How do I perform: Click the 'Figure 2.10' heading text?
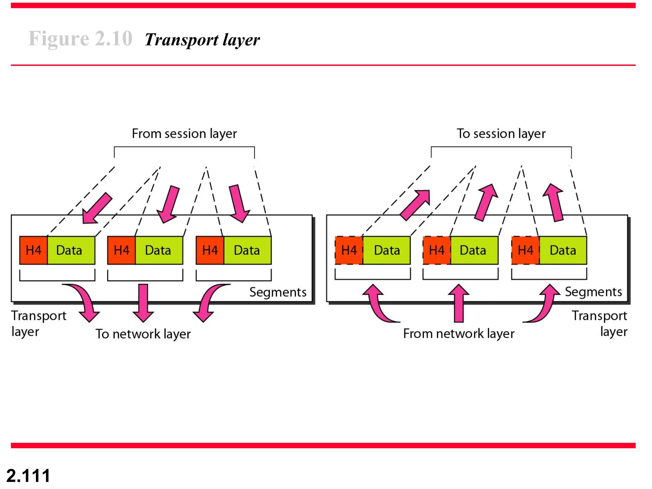pos(80,39)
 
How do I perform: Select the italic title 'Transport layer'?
pos(202,40)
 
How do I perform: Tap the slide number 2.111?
pos(28,476)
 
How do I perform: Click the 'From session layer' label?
pos(184,133)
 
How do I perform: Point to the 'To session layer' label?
pos(501,133)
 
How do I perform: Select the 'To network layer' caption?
pos(143,334)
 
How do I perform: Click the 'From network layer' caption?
pos(458,333)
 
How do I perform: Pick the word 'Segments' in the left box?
pos(278,292)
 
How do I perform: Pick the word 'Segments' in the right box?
pos(593,292)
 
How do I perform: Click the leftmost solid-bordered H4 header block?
pos(33,250)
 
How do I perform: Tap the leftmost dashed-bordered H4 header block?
pos(349,250)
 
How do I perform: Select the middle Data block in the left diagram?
pos(159,250)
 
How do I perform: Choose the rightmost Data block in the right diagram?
pos(563,250)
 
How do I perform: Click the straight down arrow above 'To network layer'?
pos(143,302)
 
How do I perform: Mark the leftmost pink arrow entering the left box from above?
pos(96,208)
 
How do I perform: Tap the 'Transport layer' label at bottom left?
pos(38,323)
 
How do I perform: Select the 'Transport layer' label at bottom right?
pos(599,323)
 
